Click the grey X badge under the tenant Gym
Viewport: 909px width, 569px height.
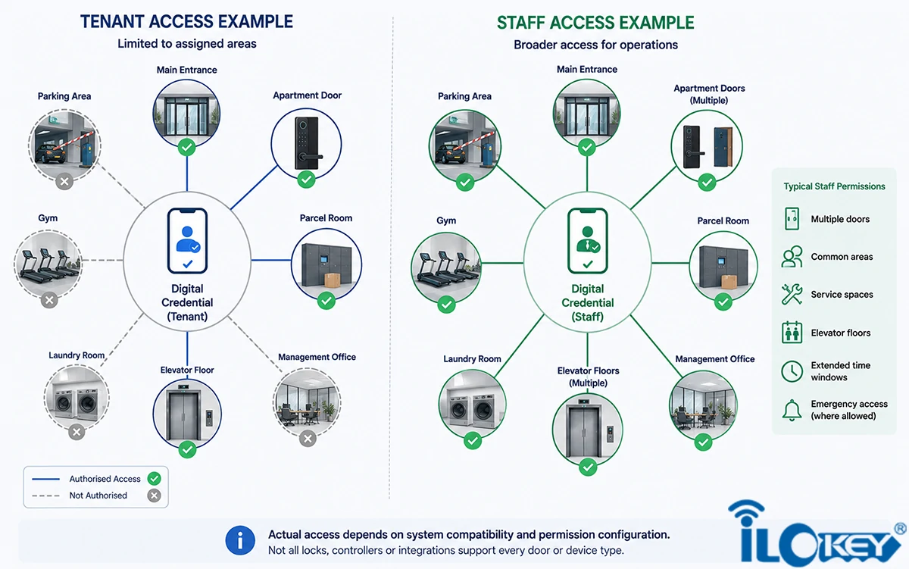click(x=49, y=300)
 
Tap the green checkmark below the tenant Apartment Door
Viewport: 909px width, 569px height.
click(x=306, y=179)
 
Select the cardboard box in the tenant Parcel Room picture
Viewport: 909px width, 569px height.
click(x=332, y=280)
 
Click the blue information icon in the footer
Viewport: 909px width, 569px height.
click(x=240, y=541)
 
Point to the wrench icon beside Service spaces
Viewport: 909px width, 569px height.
click(x=792, y=294)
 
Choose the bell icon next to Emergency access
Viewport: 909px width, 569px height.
click(x=792, y=411)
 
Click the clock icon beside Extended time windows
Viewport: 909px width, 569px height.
click(x=792, y=371)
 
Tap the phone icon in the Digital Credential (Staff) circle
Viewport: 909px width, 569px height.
click(x=588, y=241)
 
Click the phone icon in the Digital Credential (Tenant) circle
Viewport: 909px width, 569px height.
click(x=188, y=241)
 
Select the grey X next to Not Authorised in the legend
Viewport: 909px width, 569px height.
click(x=155, y=496)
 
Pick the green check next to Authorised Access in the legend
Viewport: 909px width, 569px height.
click(x=155, y=479)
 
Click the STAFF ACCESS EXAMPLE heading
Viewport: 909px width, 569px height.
click(x=595, y=23)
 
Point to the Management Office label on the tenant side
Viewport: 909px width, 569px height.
click(x=317, y=357)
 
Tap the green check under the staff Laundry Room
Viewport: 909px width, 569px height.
click(x=473, y=441)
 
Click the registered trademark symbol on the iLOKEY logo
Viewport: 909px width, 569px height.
click(x=900, y=529)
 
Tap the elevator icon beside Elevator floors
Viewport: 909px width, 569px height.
click(x=792, y=333)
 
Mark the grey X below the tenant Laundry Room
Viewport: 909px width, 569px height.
click(x=77, y=432)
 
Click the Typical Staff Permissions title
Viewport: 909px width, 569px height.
click(x=834, y=186)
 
